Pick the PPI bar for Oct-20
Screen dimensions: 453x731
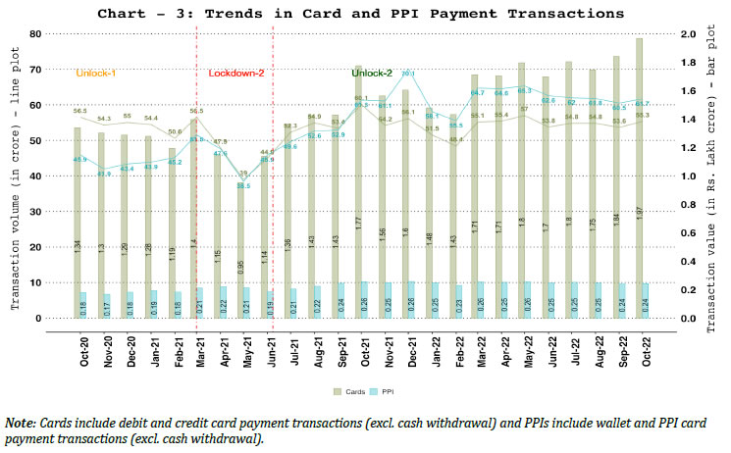coord(82,305)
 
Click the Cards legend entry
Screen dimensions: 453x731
coord(344,390)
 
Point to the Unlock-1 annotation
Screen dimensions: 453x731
coord(96,74)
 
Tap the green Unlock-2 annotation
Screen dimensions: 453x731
coord(372,74)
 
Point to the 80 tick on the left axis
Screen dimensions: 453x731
coord(47,34)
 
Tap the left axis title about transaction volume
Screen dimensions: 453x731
coord(17,176)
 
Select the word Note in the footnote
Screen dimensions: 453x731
coord(20,422)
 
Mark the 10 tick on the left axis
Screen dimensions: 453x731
coord(47,283)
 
